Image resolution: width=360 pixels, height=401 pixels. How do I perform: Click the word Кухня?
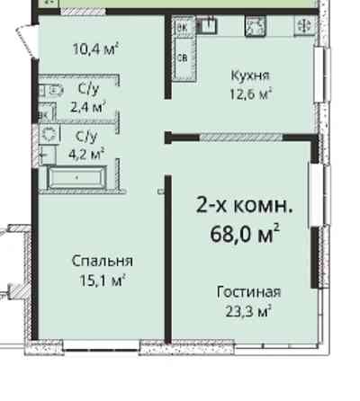249,76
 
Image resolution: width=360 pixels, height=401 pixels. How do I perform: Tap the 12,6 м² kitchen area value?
249,93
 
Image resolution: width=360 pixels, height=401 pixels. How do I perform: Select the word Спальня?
103,261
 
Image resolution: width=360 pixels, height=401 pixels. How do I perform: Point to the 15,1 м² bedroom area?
103,279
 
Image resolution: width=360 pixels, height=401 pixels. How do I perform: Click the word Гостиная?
248,292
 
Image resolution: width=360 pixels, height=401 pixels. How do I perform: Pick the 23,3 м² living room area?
248,310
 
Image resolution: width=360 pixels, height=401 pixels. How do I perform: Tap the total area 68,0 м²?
243,236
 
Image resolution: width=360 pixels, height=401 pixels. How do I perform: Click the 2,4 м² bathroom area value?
88,104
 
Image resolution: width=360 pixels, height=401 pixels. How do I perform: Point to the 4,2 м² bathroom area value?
86,152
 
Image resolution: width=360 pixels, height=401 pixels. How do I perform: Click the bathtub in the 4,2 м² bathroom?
76,177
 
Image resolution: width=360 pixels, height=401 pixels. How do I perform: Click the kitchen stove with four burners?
254,29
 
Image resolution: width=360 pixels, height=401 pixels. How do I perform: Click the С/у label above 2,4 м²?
88,88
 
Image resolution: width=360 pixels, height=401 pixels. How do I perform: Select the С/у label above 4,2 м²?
86,136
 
